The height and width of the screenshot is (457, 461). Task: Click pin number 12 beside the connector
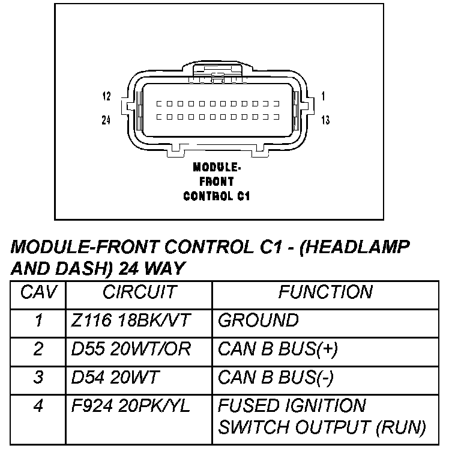(x=106, y=96)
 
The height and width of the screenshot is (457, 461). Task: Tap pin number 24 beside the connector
(x=106, y=120)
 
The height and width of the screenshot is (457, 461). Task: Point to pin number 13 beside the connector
(x=325, y=121)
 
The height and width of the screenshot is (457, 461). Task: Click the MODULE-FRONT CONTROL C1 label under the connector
(x=217, y=180)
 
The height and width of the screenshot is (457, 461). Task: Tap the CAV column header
(x=38, y=292)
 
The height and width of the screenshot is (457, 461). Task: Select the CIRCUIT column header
(x=139, y=292)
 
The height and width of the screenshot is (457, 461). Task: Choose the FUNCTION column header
(x=325, y=292)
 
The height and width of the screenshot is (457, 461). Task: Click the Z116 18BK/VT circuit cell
(x=130, y=321)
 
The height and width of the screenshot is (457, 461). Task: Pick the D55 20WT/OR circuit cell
(x=131, y=349)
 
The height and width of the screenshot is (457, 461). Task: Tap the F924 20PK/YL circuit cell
(x=130, y=406)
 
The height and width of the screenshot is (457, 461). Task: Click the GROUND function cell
(x=258, y=321)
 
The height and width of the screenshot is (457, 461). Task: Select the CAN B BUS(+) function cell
(x=277, y=349)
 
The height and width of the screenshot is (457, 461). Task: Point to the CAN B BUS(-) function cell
(x=276, y=378)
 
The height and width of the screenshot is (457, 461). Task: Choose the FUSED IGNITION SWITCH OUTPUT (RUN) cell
(x=321, y=417)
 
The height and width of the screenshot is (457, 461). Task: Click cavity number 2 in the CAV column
(x=38, y=349)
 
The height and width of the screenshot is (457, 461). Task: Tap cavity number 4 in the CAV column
(x=38, y=406)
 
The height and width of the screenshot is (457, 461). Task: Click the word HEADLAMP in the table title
(x=358, y=247)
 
